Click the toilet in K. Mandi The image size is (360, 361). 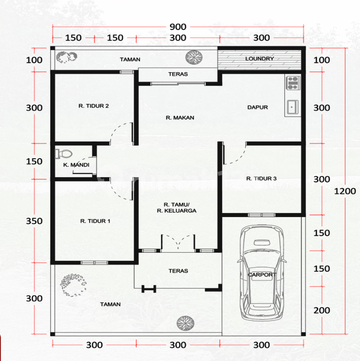[x=63, y=154]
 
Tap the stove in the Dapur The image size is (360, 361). [x=293, y=83]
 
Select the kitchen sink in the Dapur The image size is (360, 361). [x=293, y=107]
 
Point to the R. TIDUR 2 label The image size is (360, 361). [x=94, y=106]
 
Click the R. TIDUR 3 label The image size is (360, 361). [x=261, y=178]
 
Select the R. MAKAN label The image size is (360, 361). [x=180, y=118]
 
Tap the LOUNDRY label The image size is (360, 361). [x=259, y=59]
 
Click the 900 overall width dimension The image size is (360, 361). [x=178, y=27]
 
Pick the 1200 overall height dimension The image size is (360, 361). [x=345, y=191]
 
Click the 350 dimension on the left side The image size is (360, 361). [x=34, y=221]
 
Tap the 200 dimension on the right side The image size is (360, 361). [x=322, y=310]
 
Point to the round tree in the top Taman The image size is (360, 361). [x=194, y=57]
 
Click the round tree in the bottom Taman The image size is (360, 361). [x=185, y=323]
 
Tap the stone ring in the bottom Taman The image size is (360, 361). [x=73, y=285]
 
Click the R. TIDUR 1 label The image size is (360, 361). [x=95, y=221]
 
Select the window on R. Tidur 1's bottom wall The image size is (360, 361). [x=94, y=263]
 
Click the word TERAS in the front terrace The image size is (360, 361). [x=178, y=271]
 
